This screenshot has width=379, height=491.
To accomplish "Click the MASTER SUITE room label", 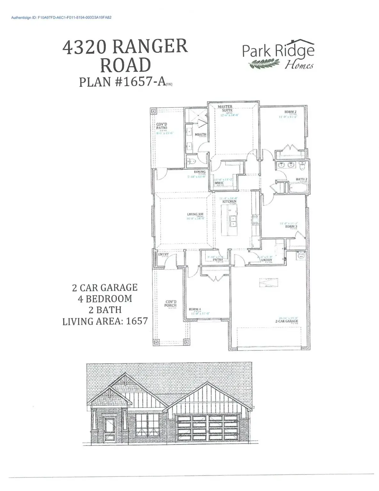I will [x=225, y=108].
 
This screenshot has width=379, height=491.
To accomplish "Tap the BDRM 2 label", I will [x=290, y=112].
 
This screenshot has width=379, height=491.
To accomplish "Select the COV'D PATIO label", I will [x=162, y=126].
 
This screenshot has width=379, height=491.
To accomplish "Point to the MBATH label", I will [x=201, y=135].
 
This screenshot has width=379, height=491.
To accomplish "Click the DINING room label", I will [x=200, y=172].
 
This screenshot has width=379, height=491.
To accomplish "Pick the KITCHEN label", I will [x=229, y=201].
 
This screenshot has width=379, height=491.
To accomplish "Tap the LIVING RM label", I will [x=195, y=214].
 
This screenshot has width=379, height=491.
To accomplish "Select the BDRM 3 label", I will [x=291, y=227].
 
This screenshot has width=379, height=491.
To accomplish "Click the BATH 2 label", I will [x=301, y=179].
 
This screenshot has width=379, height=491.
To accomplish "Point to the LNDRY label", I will [x=266, y=260].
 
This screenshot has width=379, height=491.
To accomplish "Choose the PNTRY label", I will [x=218, y=260].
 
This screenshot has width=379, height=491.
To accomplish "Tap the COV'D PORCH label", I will [x=170, y=303].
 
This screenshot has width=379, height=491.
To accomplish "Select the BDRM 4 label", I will [x=195, y=309].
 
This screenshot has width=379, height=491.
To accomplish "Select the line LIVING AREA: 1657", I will [x=105, y=321].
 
